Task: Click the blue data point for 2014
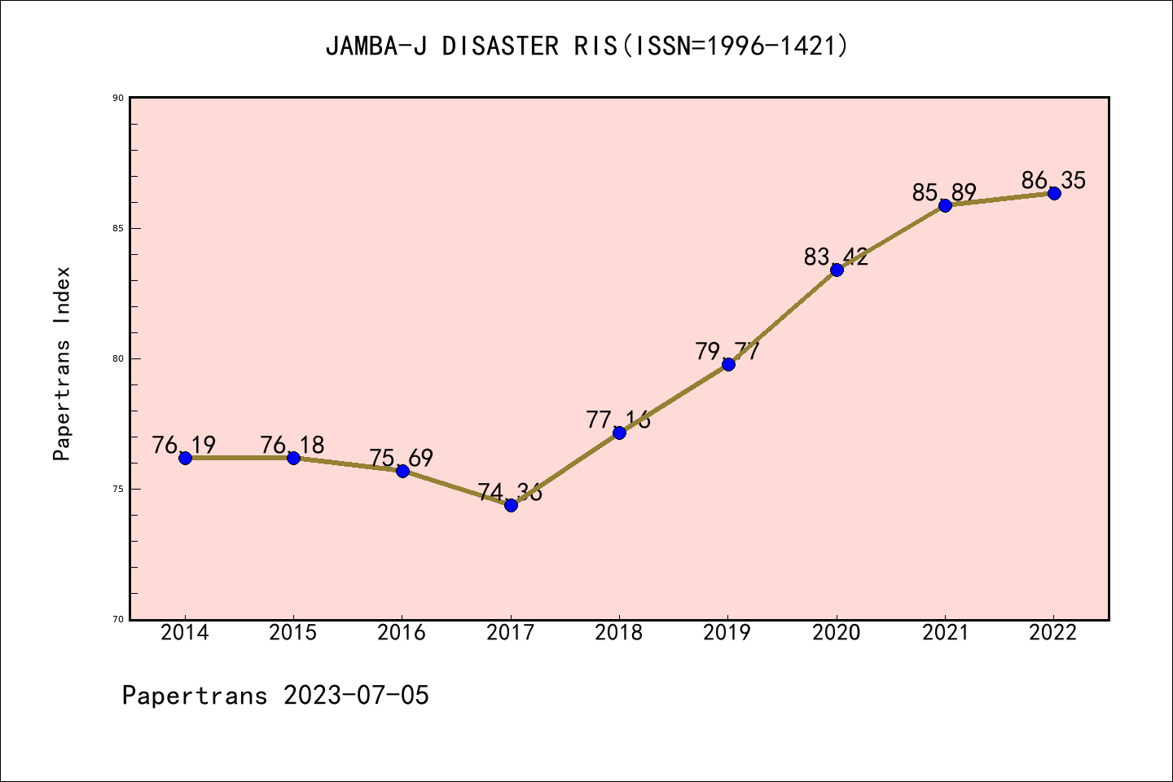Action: [185, 458]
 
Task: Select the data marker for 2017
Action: [511, 505]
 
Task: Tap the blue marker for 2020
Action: [837, 270]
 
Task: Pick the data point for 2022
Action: [1054, 193]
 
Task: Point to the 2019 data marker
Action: [728, 364]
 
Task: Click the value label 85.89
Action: [944, 193]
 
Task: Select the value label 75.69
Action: [402, 458]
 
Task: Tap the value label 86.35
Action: [1053, 180]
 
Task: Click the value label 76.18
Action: [292, 446]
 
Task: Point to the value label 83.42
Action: [836, 257]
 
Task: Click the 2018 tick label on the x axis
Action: [619, 633]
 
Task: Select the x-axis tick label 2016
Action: [402, 633]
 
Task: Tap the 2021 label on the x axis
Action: [945, 633]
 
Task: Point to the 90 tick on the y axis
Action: [118, 98]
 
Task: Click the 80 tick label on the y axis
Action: [118, 358]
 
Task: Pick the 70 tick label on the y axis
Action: [118, 619]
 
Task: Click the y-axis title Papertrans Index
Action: [63, 363]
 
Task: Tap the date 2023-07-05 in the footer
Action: [356, 696]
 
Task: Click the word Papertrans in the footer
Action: [195, 696]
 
